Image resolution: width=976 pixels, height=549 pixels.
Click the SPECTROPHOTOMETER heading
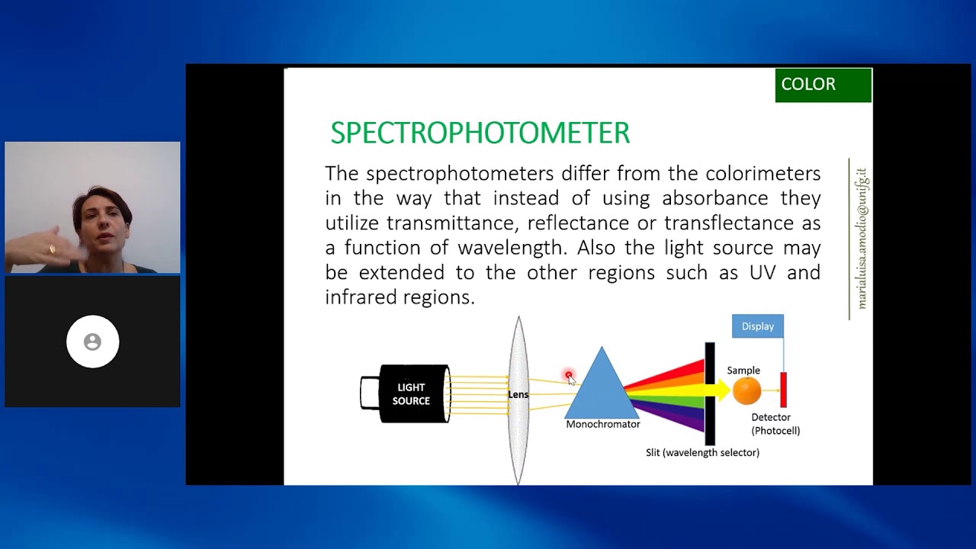click(480, 133)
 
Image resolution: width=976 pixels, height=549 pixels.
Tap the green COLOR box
click(823, 85)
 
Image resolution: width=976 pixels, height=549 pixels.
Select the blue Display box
click(758, 326)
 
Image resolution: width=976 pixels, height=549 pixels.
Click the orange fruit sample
click(746, 391)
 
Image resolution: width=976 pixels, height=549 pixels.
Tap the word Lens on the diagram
click(518, 394)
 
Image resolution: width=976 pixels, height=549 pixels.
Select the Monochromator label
click(603, 424)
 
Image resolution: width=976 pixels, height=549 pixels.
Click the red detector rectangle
click(783, 390)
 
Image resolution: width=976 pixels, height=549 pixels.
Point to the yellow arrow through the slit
click(717, 390)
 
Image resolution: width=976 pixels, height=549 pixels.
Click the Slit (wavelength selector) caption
click(702, 453)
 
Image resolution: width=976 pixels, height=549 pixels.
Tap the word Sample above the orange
click(743, 371)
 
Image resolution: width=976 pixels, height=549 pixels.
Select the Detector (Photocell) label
click(775, 424)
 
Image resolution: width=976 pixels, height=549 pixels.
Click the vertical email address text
click(861, 239)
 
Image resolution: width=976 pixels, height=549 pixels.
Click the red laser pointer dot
click(569, 374)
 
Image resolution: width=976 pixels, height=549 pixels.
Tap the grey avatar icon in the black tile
click(92, 342)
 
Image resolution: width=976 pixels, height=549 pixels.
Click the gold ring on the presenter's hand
click(53, 249)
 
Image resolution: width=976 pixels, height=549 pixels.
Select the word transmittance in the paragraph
click(453, 223)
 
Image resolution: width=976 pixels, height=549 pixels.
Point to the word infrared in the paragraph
click(361, 297)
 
